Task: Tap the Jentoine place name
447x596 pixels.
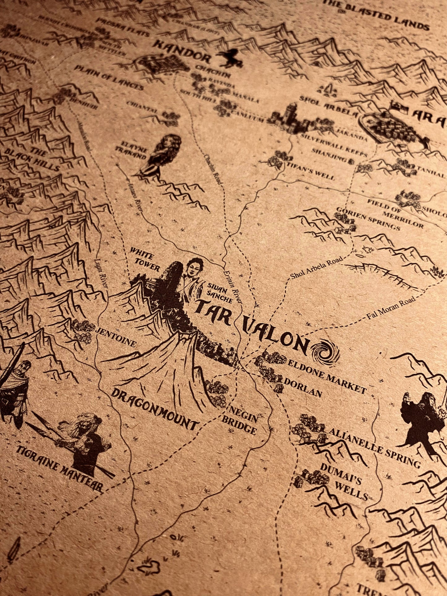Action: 116,337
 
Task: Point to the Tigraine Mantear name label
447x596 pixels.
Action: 58,464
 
